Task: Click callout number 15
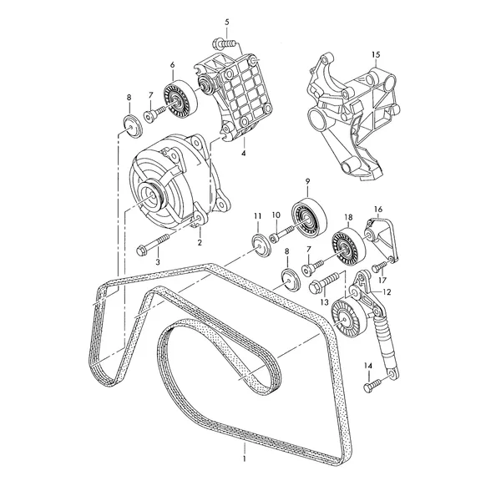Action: click(x=376, y=54)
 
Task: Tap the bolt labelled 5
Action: click(x=225, y=43)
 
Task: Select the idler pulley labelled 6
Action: click(x=180, y=99)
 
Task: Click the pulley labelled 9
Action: click(x=309, y=219)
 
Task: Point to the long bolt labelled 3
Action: click(x=153, y=243)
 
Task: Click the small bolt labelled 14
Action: click(x=372, y=385)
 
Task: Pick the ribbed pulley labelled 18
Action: click(x=347, y=246)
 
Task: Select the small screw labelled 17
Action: click(x=379, y=266)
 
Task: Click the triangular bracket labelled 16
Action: click(x=382, y=239)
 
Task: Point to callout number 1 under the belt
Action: click(x=245, y=458)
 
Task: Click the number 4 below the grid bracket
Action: click(x=244, y=154)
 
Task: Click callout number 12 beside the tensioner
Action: click(x=387, y=292)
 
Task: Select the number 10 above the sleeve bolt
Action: click(x=276, y=215)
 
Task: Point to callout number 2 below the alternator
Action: click(x=200, y=243)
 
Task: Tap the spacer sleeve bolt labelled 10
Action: click(x=281, y=234)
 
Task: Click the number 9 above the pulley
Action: click(x=307, y=181)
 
